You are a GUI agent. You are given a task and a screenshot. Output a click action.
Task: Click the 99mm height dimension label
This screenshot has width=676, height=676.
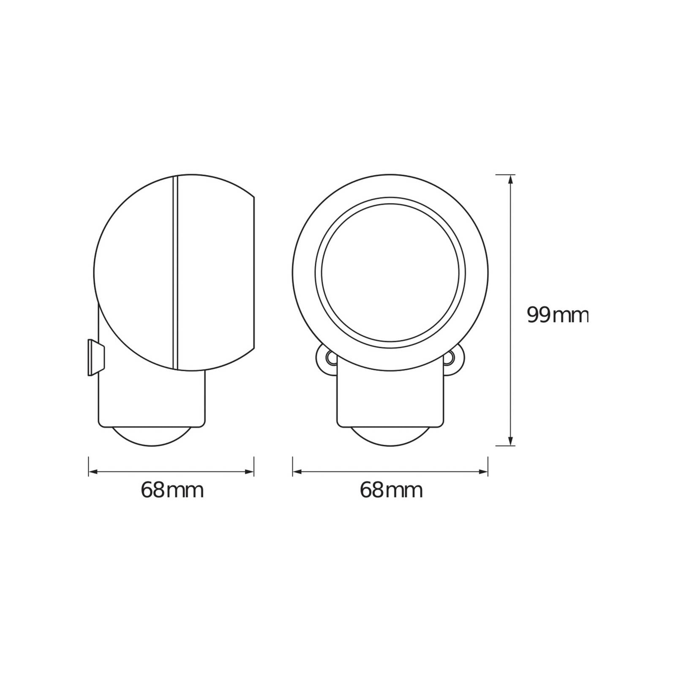coord(557,315)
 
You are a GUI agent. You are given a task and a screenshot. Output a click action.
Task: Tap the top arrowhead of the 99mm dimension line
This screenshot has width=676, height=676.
coord(510,180)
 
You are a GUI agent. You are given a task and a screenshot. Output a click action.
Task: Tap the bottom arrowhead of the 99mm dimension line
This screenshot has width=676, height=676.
coord(510,440)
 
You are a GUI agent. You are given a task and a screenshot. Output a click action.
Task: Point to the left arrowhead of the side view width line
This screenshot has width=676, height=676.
coord(93,471)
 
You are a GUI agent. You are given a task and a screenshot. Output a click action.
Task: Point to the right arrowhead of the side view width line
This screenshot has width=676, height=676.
coord(249,471)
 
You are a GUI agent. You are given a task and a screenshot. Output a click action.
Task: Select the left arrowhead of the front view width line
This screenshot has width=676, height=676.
coord(297,471)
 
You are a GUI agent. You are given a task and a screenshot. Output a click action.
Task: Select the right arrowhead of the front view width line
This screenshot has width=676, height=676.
coord(483,471)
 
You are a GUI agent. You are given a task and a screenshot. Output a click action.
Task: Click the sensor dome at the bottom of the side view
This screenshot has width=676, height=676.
coord(152,436)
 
